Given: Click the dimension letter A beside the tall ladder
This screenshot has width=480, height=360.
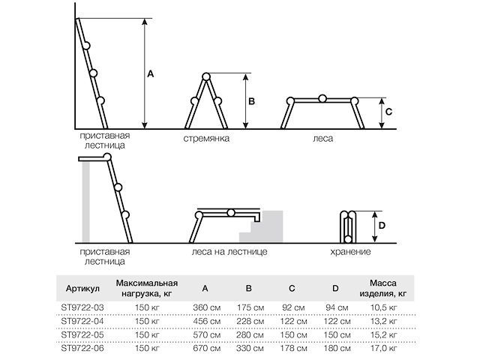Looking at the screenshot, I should click(x=150, y=73).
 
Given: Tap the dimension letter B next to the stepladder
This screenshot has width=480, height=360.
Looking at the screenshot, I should click(x=253, y=100).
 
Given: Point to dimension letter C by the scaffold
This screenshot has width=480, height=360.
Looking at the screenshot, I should click(x=388, y=112).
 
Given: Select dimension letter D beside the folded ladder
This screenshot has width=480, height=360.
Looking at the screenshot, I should click(x=381, y=224).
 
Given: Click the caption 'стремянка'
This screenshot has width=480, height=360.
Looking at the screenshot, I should click(x=205, y=139).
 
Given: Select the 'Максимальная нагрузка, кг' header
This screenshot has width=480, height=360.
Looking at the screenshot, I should click(x=146, y=288).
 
